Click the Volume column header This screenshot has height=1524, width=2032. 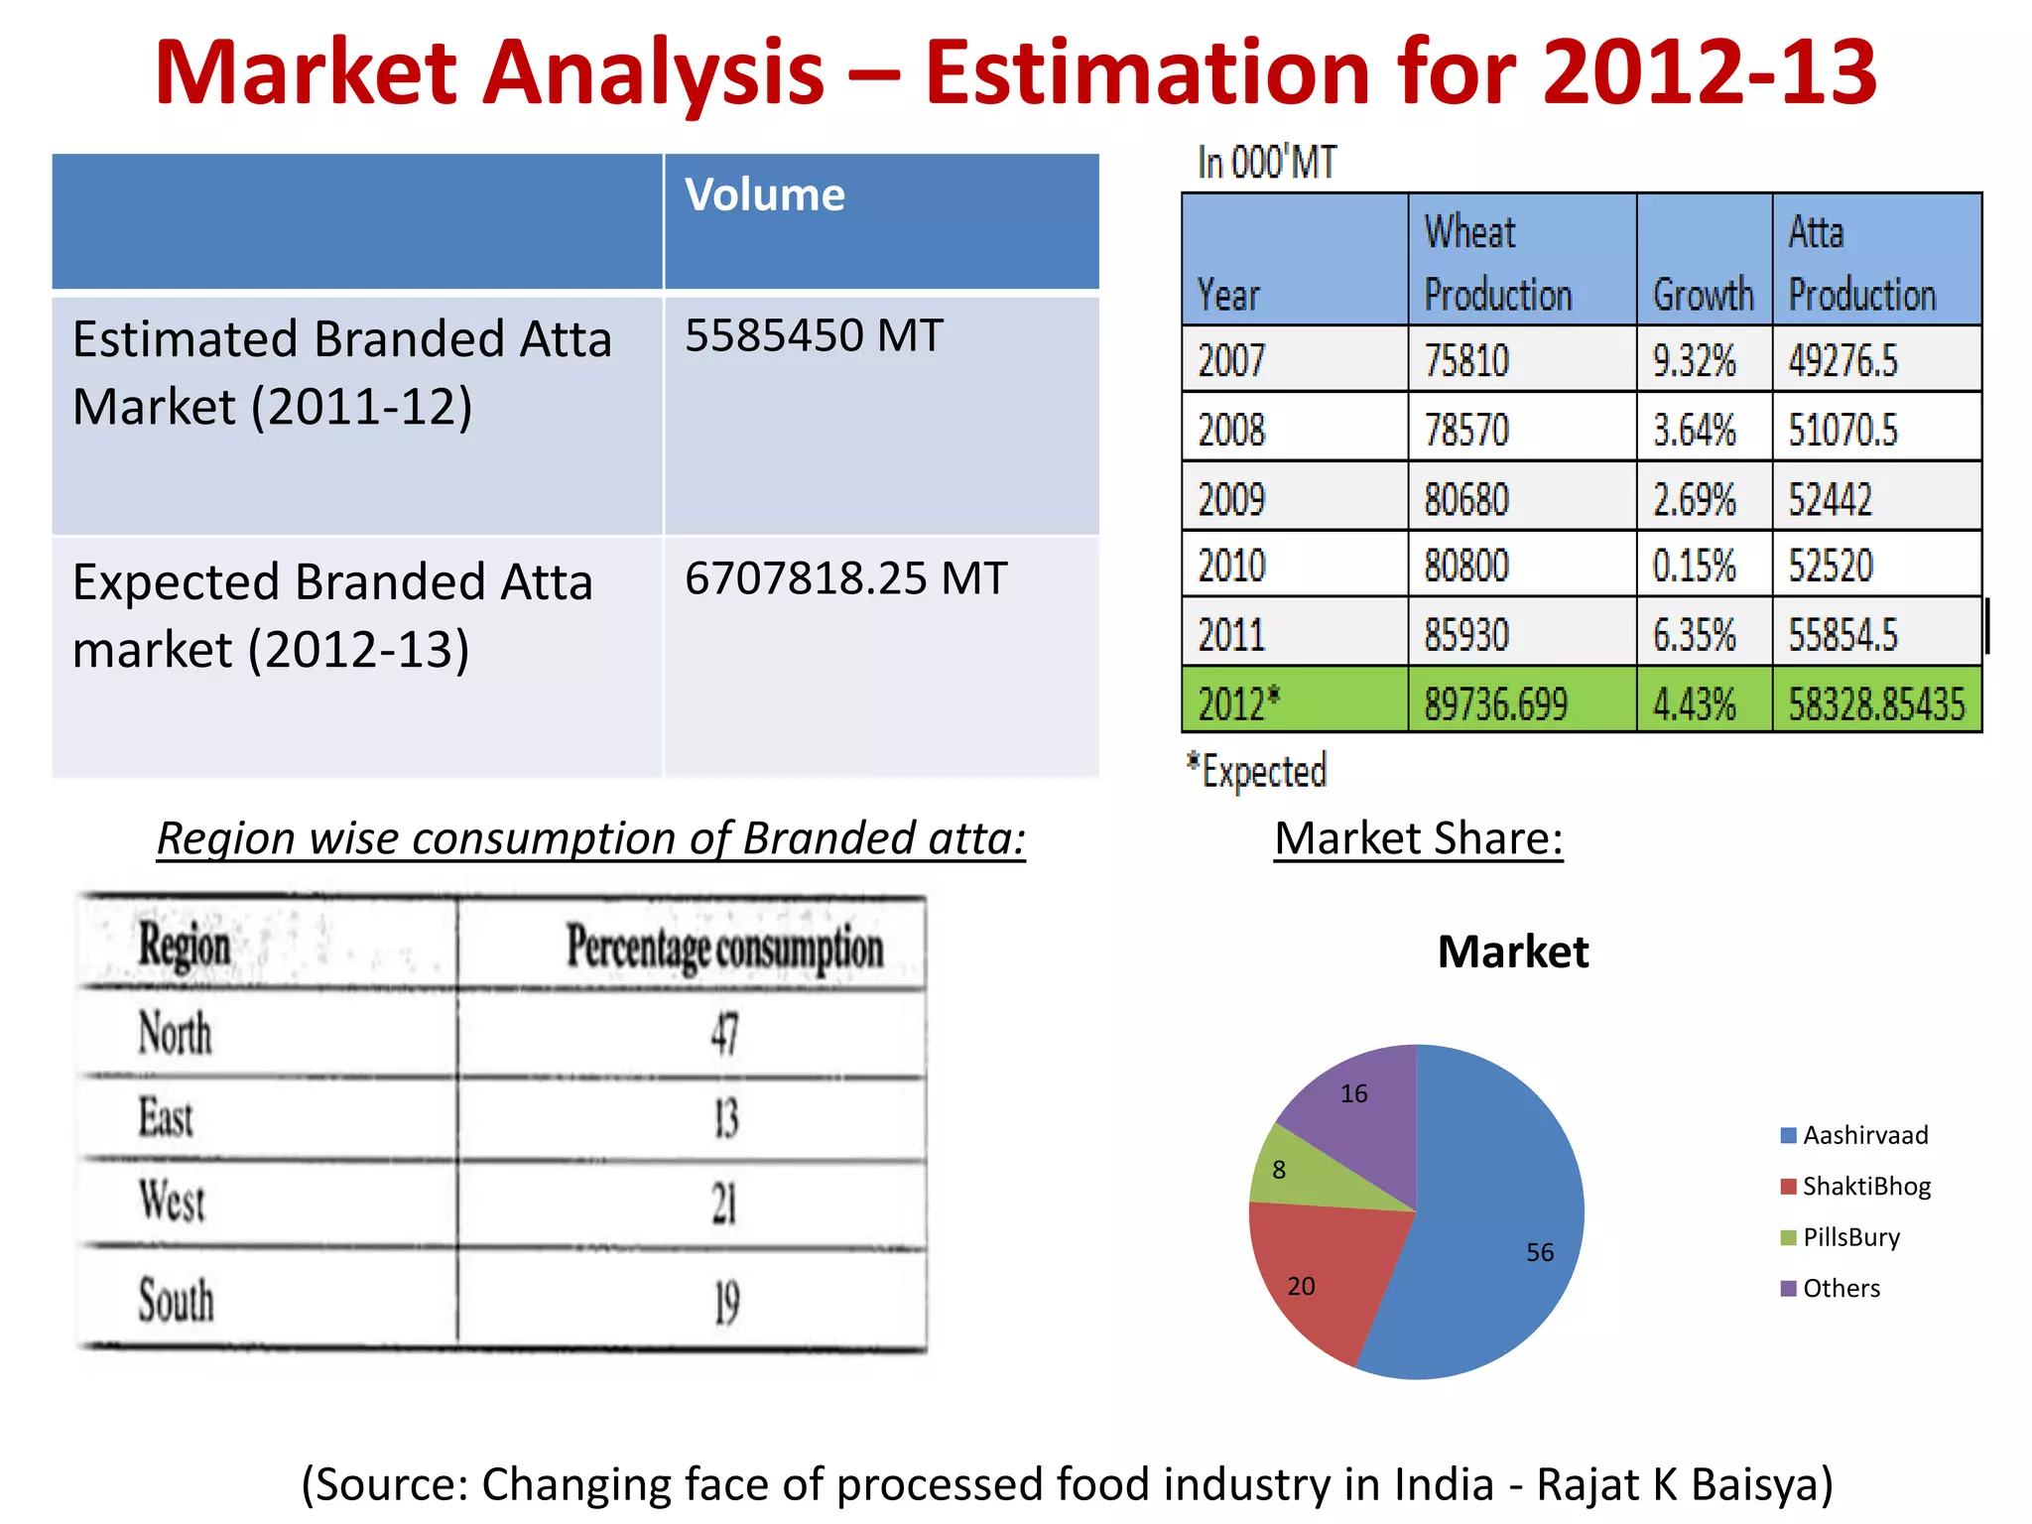pos(765,195)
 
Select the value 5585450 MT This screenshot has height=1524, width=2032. pos(814,336)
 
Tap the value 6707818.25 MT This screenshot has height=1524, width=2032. pos(845,578)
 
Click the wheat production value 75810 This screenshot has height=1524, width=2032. pos(1466,361)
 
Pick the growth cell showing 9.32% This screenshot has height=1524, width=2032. pos(1694,361)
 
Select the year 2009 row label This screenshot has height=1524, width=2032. pos(1231,499)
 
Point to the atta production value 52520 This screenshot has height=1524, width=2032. pos(1831,567)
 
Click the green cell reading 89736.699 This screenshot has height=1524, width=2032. pos(1495,704)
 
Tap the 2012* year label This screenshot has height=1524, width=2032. pos(1238,704)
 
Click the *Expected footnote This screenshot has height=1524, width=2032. pos(1257,771)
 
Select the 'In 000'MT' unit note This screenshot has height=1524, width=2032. pos(1267,163)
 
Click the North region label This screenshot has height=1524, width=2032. pos(175,1033)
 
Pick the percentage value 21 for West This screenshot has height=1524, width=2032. pos(724,1205)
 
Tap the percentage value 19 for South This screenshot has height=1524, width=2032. pos(726,1302)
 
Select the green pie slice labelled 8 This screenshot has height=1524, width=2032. pos(1300,1176)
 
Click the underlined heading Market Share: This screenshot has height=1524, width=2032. pos(1418,839)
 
